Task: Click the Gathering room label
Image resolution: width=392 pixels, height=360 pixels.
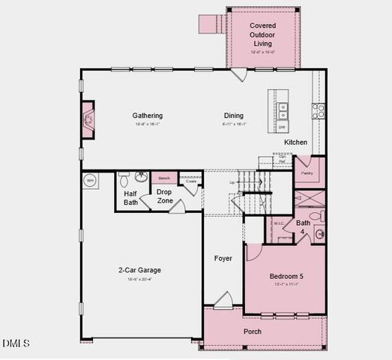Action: click(x=148, y=115)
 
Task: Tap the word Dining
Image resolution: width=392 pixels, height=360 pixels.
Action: click(x=234, y=115)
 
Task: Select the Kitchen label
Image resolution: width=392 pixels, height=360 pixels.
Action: click(x=295, y=142)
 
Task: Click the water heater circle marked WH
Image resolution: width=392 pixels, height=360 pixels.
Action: click(x=90, y=181)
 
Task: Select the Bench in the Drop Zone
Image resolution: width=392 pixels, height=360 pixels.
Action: click(x=164, y=178)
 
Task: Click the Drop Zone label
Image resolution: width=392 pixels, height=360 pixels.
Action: click(x=164, y=196)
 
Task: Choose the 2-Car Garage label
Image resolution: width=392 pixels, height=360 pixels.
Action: click(x=139, y=270)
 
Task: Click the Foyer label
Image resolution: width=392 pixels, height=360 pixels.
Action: click(x=223, y=258)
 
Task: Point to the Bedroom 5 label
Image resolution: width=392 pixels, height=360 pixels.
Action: click(x=286, y=277)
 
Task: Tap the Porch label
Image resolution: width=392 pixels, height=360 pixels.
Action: click(x=253, y=331)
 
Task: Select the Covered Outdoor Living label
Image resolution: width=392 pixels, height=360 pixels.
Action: click(x=262, y=34)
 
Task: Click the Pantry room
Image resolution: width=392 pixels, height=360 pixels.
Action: click(x=307, y=172)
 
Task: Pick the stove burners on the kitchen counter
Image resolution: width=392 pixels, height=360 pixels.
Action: click(x=318, y=110)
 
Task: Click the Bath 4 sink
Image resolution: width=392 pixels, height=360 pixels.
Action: click(x=319, y=234)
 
